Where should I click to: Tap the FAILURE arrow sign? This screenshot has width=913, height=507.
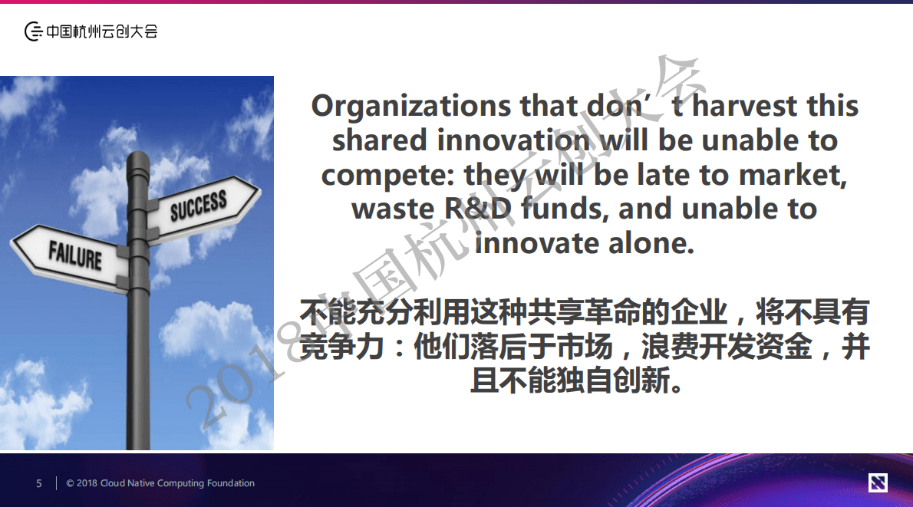click(x=73, y=254)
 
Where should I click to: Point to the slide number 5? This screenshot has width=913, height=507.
click(x=39, y=483)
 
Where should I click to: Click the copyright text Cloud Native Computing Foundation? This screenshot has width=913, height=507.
click(x=177, y=483)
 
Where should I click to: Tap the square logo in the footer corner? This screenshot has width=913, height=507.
click(x=878, y=482)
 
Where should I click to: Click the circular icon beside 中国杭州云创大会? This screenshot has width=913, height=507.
click(x=33, y=31)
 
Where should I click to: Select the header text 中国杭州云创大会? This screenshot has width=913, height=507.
click(x=102, y=31)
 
